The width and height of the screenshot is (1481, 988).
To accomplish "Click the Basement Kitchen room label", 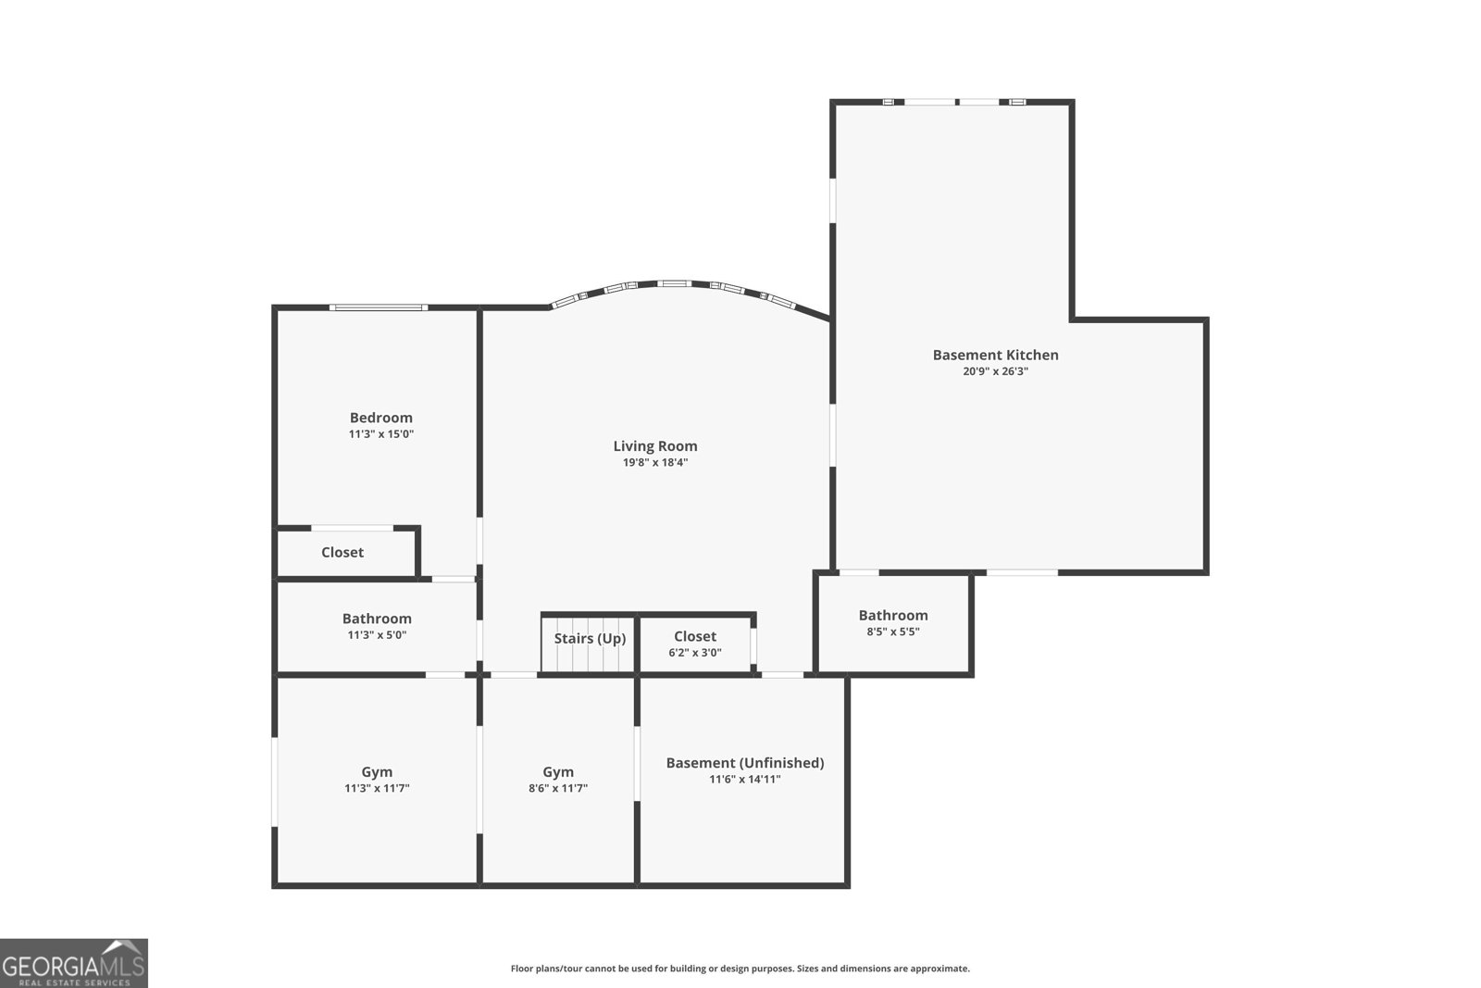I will (995, 355).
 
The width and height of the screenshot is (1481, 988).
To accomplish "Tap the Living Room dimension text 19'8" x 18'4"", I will (655, 462).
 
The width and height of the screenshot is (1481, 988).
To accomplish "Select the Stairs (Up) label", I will (590, 638).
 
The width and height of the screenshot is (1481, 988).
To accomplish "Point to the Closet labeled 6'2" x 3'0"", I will (695, 644).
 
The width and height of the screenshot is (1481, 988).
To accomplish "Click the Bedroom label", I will (380, 418).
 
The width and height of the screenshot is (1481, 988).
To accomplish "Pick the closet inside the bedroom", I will (342, 552).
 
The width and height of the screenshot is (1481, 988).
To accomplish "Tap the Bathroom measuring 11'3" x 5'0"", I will (377, 626).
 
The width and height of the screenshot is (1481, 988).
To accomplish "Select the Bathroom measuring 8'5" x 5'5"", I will (893, 622).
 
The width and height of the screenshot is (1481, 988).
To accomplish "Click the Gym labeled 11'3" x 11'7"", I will (377, 780).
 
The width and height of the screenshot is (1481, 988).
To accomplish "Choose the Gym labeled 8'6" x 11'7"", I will (558, 780).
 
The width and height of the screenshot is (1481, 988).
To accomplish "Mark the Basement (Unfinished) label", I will (745, 763).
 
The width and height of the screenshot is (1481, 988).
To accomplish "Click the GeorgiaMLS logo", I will (73, 963).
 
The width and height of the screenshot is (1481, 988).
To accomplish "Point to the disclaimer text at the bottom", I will (740, 969).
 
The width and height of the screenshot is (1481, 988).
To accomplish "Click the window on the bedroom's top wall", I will (379, 307).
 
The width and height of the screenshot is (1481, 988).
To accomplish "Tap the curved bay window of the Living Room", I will (673, 284).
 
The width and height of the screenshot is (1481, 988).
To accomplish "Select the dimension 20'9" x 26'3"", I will (995, 371).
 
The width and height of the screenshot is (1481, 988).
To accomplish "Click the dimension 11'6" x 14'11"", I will (745, 780).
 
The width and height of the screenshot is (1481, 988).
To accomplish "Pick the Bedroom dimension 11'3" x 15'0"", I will (380, 434).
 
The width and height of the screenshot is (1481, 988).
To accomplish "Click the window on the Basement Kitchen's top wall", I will (953, 102).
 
